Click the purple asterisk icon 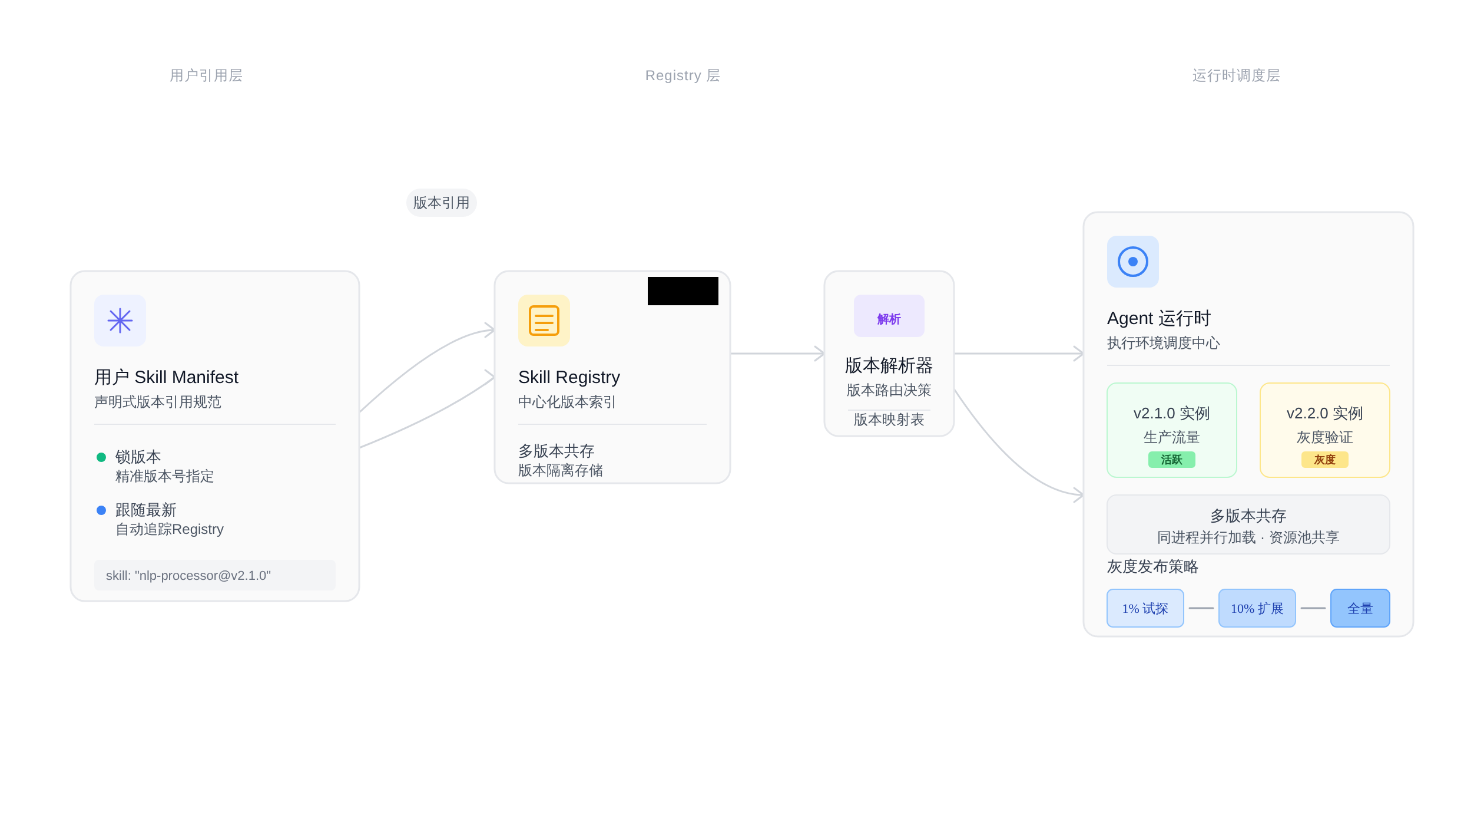(x=120, y=321)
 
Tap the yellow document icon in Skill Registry (x=544, y=321)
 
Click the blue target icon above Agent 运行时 (x=1133, y=262)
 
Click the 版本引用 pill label (x=442, y=203)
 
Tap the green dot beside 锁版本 (x=101, y=457)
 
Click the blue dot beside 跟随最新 (x=101, y=510)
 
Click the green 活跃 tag (x=1172, y=460)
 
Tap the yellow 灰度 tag (x=1325, y=460)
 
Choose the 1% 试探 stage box (x=1145, y=608)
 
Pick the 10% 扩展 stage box (x=1257, y=608)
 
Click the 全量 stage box (x=1360, y=608)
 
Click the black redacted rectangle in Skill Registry (x=683, y=291)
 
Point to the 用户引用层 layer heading (x=206, y=75)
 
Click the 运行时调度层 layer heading (x=1237, y=75)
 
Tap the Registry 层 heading (x=683, y=75)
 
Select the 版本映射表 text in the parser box (x=889, y=420)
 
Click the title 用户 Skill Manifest (x=166, y=377)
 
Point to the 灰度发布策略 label (x=1153, y=567)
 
